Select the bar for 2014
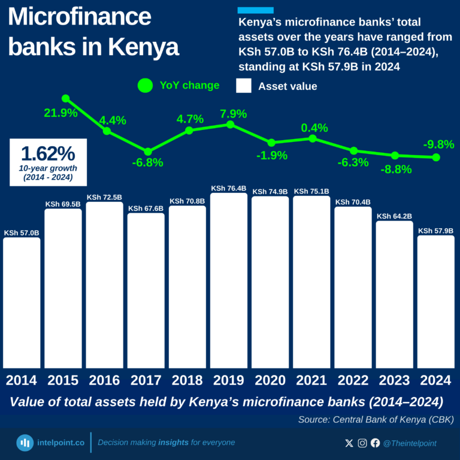pos(22,302)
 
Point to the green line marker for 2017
pos(148,152)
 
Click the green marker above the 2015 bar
pos(65,98)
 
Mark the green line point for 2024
pos(436,158)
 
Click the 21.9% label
pos(60,113)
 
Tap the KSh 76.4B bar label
pos(229,189)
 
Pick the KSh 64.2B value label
pos(394,216)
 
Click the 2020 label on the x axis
pos(270,380)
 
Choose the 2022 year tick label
pos(353,380)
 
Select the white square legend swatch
pos(244,86)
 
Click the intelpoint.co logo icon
pos(25,443)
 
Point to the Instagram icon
pos(362,443)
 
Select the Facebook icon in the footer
pos(376,443)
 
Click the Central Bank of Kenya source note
pos(376,419)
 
